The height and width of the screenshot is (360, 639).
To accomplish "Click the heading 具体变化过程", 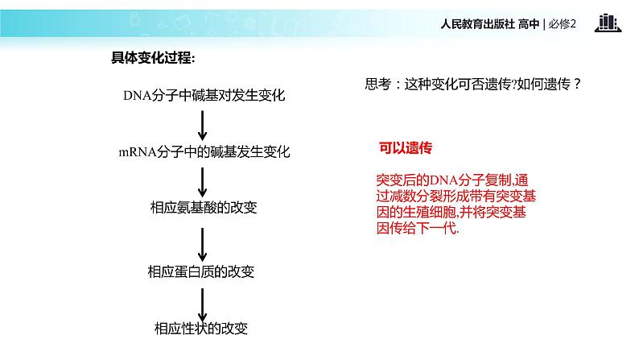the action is [x=152, y=58].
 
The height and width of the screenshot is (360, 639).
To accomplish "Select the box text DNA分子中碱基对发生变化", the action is [x=204, y=96].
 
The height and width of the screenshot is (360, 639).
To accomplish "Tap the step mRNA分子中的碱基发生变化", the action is [x=204, y=151].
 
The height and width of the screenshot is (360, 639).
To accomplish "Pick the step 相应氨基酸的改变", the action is [x=203, y=207].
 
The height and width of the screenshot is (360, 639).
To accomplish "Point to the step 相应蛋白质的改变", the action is [x=202, y=271].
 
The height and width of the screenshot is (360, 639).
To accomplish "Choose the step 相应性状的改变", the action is [x=200, y=328].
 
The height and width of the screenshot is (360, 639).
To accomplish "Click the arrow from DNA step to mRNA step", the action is [x=203, y=123].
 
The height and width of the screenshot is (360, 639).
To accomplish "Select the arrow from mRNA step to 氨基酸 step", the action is [x=203, y=180].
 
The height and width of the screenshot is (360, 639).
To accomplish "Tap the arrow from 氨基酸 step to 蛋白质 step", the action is [x=203, y=239].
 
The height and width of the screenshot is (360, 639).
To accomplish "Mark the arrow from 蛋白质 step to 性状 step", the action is [x=203, y=300].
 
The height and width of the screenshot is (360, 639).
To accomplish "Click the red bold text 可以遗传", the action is [x=406, y=148].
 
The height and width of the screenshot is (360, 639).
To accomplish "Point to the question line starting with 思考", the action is [x=472, y=84].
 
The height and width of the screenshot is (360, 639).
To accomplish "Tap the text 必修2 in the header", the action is [x=564, y=24].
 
